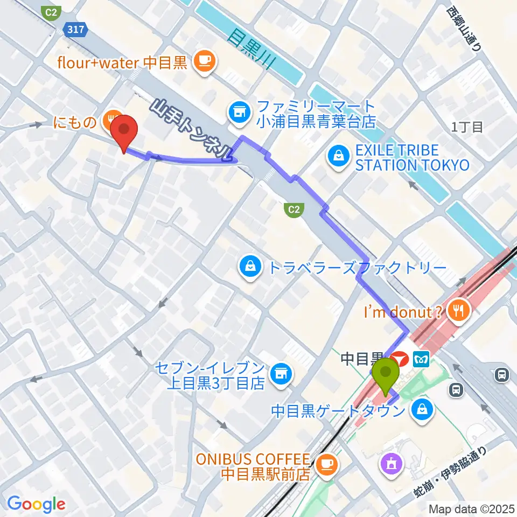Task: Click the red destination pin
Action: [x=124, y=130]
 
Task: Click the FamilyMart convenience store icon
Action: [x=237, y=113]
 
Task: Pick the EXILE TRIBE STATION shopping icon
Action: [x=337, y=157]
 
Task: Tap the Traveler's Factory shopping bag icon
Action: [x=250, y=266]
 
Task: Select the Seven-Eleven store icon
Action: [x=279, y=372]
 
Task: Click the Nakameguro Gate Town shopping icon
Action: [x=420, y=411]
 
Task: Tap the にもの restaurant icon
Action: [x=110, y=116]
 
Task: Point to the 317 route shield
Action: [x=76, y=30]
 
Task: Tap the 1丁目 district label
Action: [x=467, y=127]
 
